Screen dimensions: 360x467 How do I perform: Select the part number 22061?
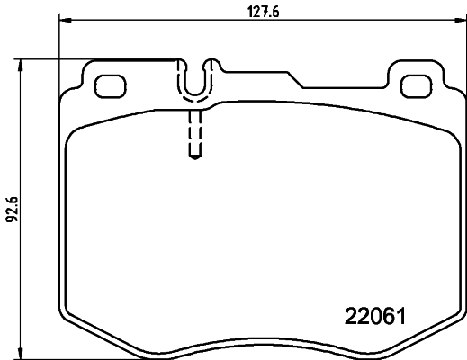pyautogui.click(x=376, y=318)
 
